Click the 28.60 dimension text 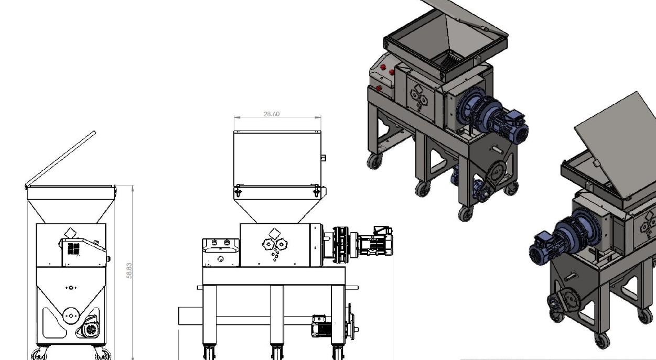[272, 114]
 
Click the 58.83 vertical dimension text [129, 271]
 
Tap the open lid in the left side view [61, 159]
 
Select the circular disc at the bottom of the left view [71, 316]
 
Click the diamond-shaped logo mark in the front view [275, 234]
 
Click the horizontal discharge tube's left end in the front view [179, 316]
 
